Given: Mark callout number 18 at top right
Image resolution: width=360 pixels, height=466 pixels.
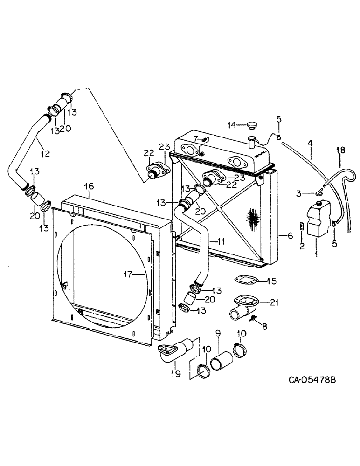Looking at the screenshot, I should click(x=341, y=150).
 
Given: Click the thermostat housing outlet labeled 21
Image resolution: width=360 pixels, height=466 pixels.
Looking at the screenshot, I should click(x=242, y=305).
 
